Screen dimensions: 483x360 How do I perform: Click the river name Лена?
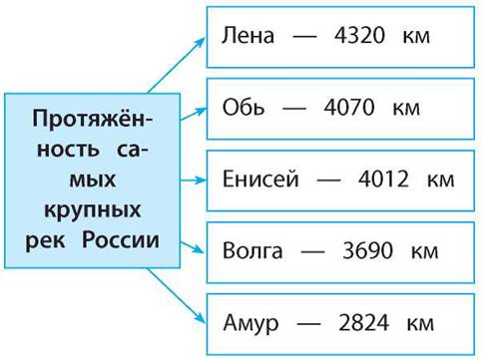[x=247, y=35]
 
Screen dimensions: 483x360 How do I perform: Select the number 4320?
[x=359, y=35]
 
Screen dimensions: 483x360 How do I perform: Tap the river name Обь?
[x=243, y=107]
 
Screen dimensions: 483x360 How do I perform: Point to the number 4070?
[x=349, y=107]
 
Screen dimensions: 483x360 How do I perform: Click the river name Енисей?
[x=260, y=179]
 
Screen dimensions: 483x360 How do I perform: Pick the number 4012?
[x=383, y=179]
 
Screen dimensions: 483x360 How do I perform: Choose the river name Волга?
[x=252, y=250]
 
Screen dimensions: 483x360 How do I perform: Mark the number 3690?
[x=367, y=250]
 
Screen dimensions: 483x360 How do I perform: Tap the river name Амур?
[x=250, y=323]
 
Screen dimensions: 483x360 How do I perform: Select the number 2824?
[x=363, y=322]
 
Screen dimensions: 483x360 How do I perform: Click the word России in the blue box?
[x=121, y=239]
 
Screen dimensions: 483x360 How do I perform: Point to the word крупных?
[x=93, y=210]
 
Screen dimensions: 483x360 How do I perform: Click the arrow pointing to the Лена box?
[x=177, y=65]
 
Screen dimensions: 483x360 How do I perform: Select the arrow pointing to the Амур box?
[x=177, y=295]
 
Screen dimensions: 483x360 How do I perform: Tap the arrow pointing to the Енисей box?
[x=193, y=180]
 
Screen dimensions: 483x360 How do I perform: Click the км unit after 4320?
[x=416, y=36]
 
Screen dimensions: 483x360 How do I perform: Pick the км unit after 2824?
[x=420, y=323]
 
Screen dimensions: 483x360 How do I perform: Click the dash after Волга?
[x=312, y=251]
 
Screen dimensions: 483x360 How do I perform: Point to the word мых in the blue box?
[x=93, y=180]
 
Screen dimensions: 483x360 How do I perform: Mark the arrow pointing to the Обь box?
[x=193, y=114]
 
